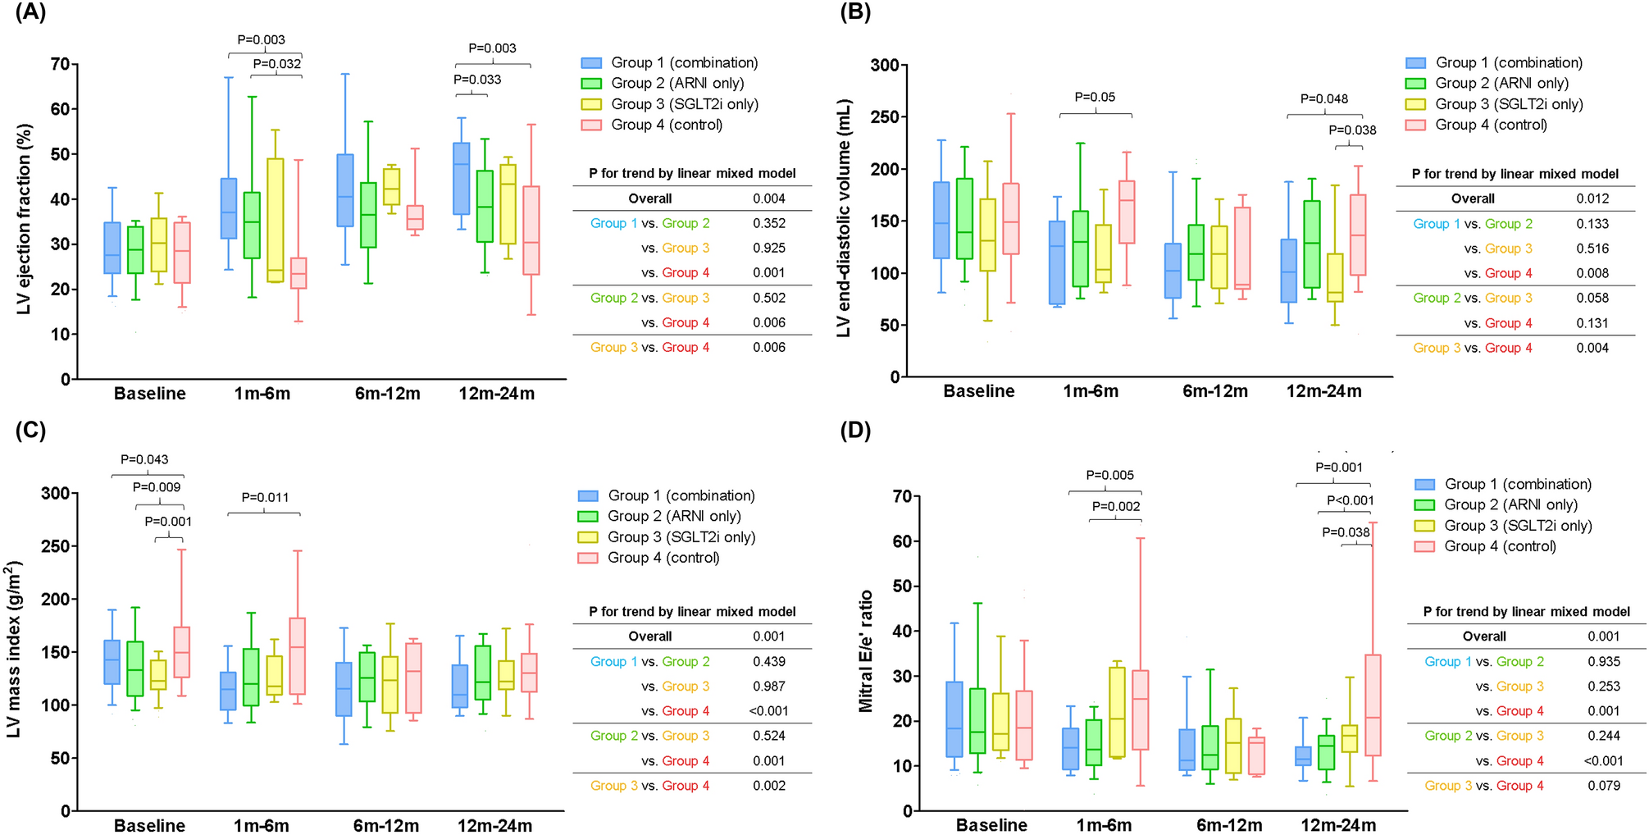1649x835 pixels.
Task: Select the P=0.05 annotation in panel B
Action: (1095, 97)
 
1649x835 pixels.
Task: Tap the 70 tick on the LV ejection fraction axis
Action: (60, 64)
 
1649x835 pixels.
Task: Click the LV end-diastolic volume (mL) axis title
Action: (844, 218)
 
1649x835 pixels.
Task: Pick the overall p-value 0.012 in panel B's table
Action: (1592, 198)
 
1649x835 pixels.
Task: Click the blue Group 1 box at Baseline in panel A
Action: (112, 248)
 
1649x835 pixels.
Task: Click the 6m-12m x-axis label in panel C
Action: (386, 825)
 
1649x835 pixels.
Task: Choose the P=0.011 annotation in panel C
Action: (264, 497)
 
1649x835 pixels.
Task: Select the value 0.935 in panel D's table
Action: (1603, 661)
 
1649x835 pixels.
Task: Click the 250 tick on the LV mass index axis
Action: (57, 546)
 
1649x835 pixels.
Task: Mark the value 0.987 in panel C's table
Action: (768, 687)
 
